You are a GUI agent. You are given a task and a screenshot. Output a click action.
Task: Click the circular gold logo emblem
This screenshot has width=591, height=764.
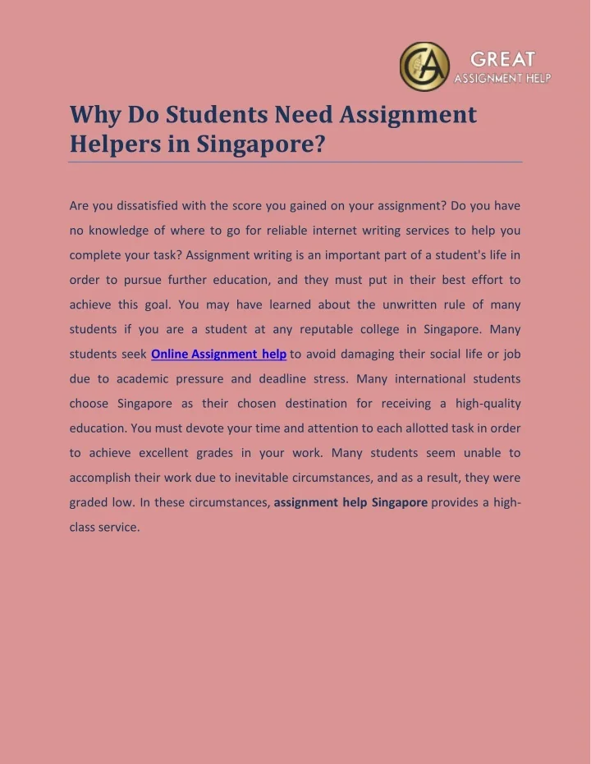click(424, 66)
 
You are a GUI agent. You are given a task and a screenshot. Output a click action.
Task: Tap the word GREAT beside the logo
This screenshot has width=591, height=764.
click(502, 59)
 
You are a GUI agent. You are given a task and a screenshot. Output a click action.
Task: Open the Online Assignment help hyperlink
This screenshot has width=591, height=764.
click(219, 355)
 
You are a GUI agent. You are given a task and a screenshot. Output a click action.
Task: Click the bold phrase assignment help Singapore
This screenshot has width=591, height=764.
click(350, 502)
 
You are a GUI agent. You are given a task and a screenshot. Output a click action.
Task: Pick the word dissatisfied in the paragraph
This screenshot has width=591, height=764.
click(149, 206)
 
